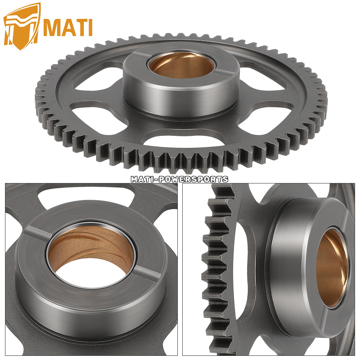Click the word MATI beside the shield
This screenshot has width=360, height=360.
pyautogui.click(x=68, y=28)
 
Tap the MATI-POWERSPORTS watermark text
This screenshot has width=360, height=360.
pyautogui.click(x=180, y=179)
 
